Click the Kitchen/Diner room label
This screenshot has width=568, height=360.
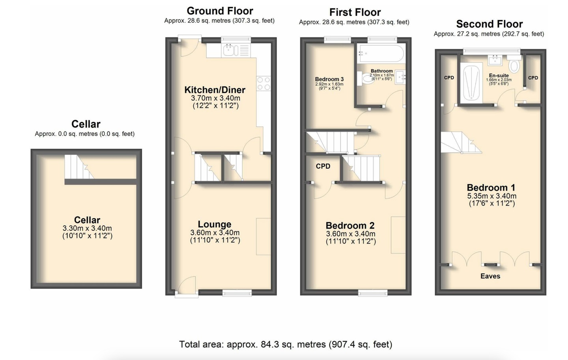click(x=215, y=90)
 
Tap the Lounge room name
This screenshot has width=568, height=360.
click(x=215, y=224)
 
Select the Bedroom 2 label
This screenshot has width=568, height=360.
click(x=350, y=225)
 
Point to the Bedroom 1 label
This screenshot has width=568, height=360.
click(x=491, y=187)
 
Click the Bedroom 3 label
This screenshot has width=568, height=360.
click(x=329, y=79)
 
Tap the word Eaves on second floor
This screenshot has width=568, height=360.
click(x=490, y=276)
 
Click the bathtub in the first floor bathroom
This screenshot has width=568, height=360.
click(x=381, y=54)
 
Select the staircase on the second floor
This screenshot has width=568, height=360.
click(x=460, y=142)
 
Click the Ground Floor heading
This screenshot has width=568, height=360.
click(x=220, y=11)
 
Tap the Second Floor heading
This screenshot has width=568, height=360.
click(x=489, y=24)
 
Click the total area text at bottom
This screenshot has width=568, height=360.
click(x=286, y=344)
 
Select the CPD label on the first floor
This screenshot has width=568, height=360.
click(x=323, y=166)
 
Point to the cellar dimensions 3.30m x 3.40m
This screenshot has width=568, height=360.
click(x=87, y=228)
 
